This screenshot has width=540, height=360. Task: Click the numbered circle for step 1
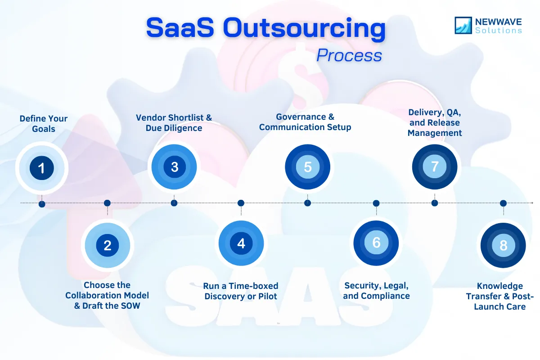[42, 168]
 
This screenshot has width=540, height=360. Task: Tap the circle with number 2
[107, 245]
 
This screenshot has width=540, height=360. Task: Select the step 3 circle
[174, 167]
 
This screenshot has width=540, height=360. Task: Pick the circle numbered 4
[241, 243]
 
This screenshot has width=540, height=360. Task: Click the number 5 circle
[307, 167]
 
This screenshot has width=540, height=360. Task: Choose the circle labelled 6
[376, 243]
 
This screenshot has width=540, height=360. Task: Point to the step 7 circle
[435, 166]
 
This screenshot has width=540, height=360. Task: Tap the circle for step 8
[503, 245]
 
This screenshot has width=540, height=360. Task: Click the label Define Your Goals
[44, 124]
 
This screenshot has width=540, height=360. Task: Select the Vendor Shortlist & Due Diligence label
[174, 123]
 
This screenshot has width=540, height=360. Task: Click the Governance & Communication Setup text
[305, 122]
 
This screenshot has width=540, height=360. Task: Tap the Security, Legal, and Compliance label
[377, 291]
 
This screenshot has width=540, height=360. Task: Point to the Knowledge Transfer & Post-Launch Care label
[500, 296]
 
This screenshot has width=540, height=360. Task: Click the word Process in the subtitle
[349, 55]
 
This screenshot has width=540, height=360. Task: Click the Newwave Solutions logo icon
[463, 25]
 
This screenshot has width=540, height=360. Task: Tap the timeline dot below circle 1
[42, 204]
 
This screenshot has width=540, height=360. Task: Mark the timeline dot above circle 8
[503, 203]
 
